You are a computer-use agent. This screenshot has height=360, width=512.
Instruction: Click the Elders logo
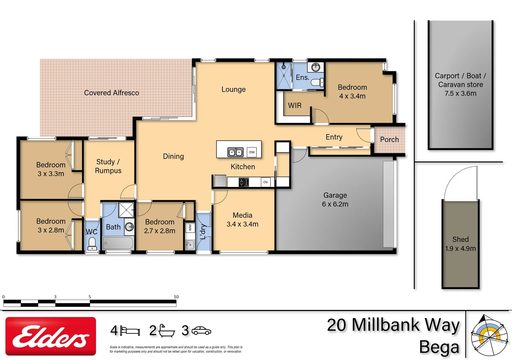[51, 336]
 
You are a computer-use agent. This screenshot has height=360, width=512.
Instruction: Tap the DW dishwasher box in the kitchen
[252, 152]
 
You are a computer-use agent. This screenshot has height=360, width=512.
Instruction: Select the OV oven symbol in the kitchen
[266, 182]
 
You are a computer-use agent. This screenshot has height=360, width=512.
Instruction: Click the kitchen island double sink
[235, 152]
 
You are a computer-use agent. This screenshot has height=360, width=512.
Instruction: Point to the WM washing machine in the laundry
[190, 228]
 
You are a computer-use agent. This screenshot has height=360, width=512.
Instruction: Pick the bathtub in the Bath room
[118, 243]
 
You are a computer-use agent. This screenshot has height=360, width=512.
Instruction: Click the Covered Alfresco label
[111, 93]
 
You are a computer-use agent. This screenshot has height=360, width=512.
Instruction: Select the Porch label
[389, 139]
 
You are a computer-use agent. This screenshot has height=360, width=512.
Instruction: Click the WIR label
[295, 105]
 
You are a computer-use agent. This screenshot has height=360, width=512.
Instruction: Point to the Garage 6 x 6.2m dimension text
[335, 204]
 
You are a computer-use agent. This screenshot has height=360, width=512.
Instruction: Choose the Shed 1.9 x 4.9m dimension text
[460, 248]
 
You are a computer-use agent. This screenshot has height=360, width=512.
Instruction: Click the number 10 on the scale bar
[176, 297]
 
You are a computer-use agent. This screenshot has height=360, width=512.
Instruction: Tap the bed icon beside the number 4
[130, 331]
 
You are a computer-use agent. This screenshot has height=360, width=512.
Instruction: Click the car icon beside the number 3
[201, 331]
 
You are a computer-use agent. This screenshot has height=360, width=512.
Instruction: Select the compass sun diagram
[489, 335]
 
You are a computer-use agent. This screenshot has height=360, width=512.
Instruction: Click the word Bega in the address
[439, 347]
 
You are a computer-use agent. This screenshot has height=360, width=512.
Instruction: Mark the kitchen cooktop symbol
[244, 182]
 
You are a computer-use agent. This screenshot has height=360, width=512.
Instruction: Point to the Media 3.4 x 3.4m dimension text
[242, 224]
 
